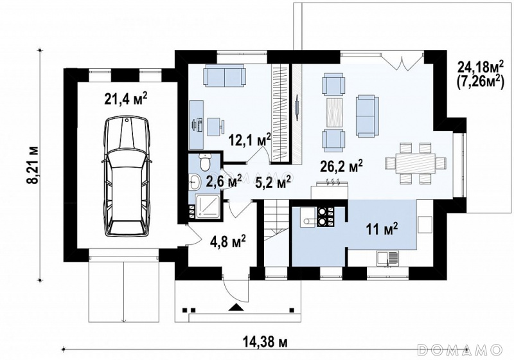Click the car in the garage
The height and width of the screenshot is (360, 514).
tap(127, 177)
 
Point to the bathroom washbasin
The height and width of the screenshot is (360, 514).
tap(195, 182)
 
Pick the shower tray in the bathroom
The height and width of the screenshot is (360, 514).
tap(208, 206)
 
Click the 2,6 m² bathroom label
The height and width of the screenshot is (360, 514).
tap(224, 181)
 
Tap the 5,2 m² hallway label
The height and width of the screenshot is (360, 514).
tap(272, 181)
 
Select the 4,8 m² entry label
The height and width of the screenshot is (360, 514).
tap(228, 242)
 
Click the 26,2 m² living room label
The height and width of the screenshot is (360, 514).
tap(341, 166)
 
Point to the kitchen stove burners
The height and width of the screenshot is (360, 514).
tap(324, 217)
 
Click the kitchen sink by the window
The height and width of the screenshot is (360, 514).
tap(388, 258)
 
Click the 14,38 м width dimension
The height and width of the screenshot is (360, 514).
tap(265, 342)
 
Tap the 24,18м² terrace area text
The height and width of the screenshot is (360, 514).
tap(480, 67)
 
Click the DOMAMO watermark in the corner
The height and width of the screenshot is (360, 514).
tap(460, 349)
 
